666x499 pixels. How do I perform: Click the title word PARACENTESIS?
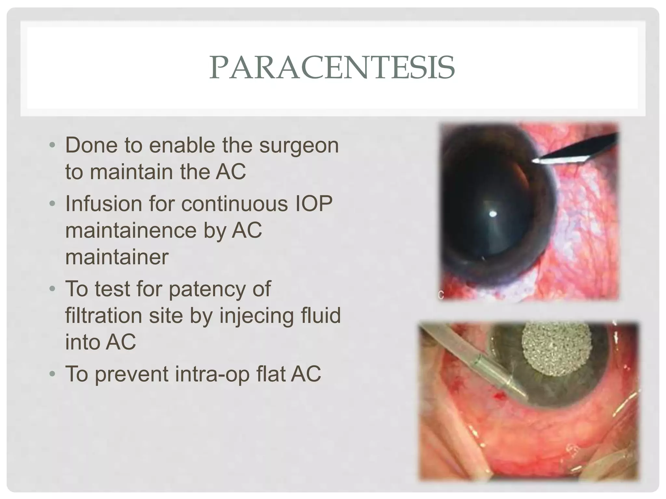pos(332,68)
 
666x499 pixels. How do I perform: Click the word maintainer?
pos(117,257)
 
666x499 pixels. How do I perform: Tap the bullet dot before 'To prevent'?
pos(52,374)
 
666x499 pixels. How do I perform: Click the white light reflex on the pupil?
pos(493,214)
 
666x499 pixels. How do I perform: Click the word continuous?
pos(234,204)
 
